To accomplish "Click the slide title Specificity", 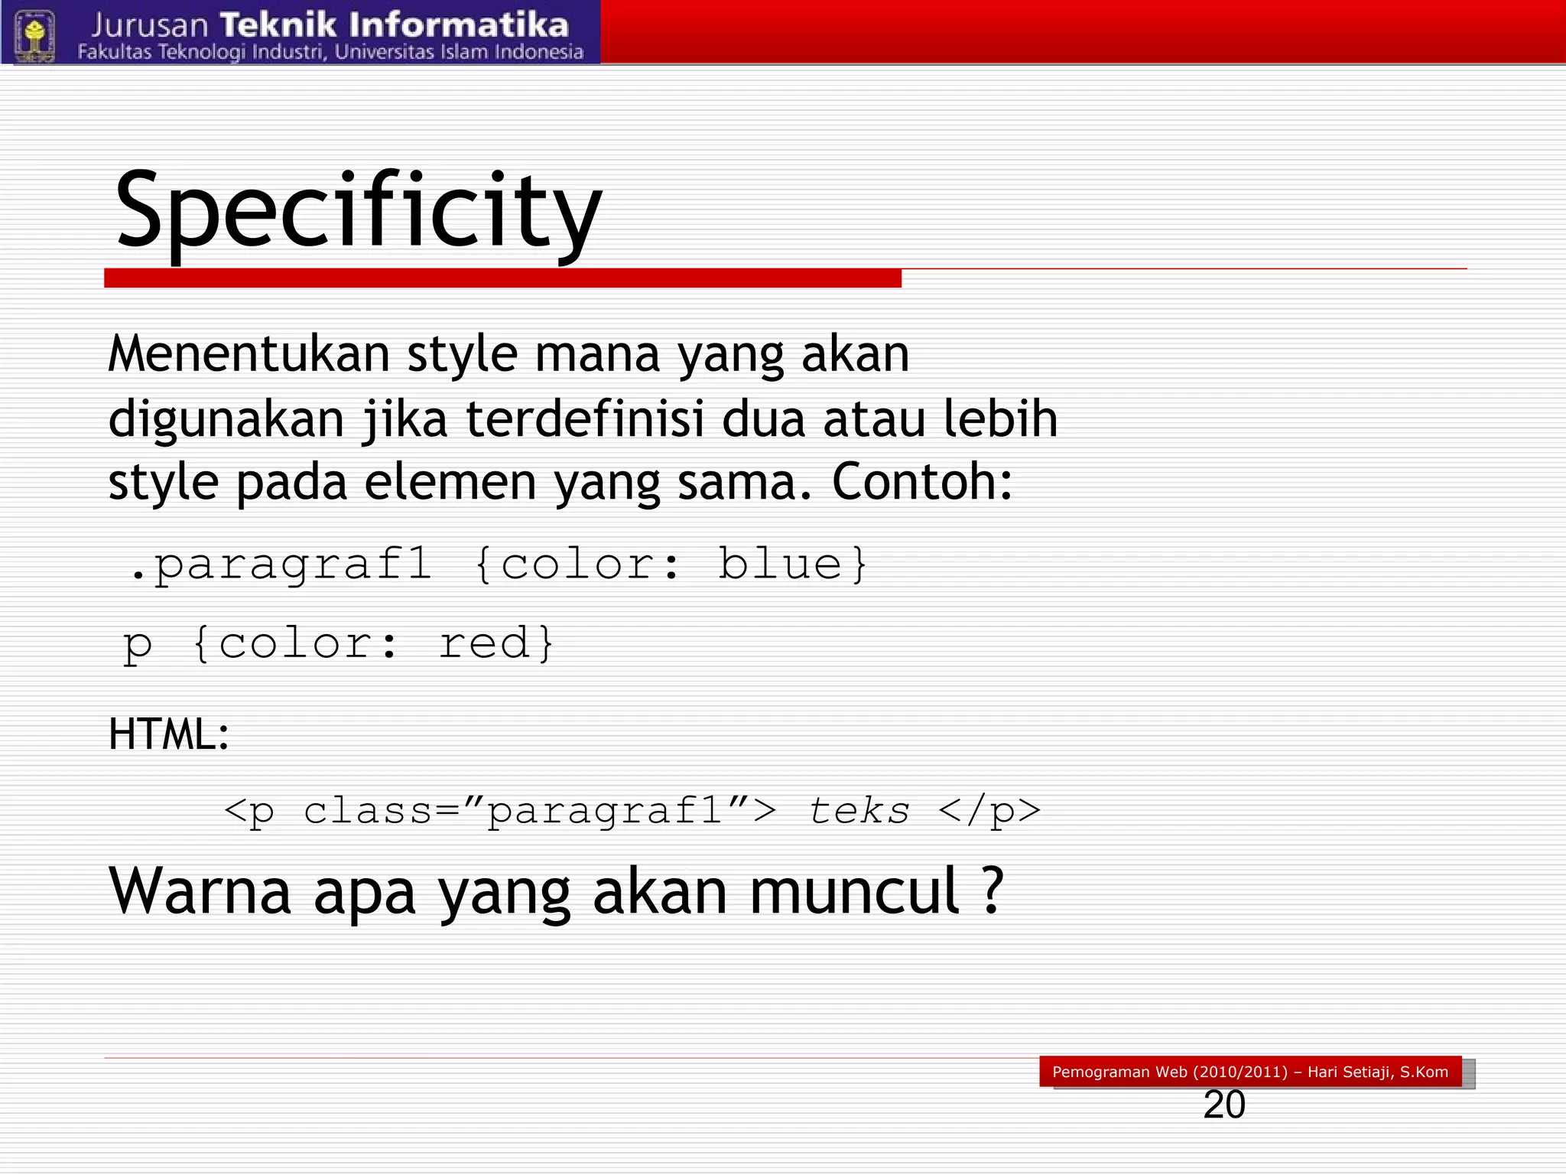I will pyautogui.click(x=358, y=210).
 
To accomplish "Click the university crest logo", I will pyautogui.click(x=34, y=34).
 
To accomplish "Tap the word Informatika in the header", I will pyautogui.click(x=459, y=25).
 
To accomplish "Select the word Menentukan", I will pyautogui.click(x=249, y=354).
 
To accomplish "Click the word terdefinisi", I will pyautogui.click(x=585, y=419).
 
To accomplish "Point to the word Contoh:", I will pyautogui.click(x=922, y=483).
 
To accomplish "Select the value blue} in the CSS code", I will pyautogui.click(x=792, y=565).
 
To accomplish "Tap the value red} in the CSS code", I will pyautogui.click(x=495, y=643).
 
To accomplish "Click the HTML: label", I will pyautogui.click(x=169, y=734).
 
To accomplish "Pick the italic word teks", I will pyautogui.click(x=859, y=811).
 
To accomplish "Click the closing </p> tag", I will pyautogui.click(x=989, y=811).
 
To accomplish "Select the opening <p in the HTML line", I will pyautogui.click(x=249, y=811).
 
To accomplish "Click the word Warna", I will pyautogui.click(x=200, y=891).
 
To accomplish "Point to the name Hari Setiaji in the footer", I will pyautogui.click(x=1350, y=1072).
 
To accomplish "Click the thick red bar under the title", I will pyautogui.click(x=502, y=278).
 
